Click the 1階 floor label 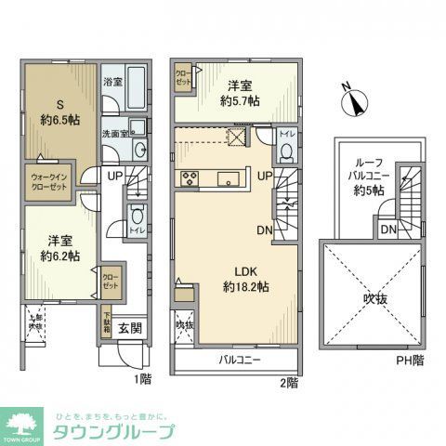pos(142,379)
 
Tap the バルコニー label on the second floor pos(241,359)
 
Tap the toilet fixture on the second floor pos(286,149)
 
